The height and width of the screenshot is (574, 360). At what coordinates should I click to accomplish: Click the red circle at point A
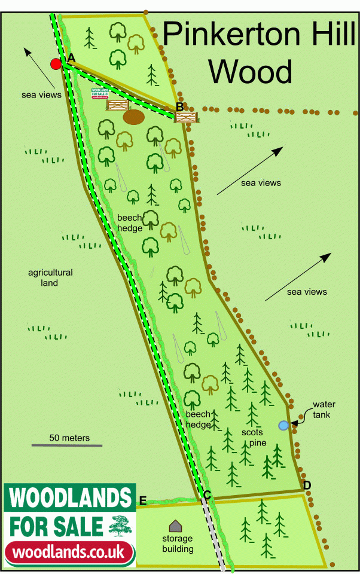tap(56, 64)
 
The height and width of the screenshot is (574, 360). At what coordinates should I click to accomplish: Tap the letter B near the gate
tap(179, 107)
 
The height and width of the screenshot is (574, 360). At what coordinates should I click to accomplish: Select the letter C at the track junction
tap(207, 494)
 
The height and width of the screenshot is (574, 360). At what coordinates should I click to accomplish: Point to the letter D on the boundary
tap(307, 485)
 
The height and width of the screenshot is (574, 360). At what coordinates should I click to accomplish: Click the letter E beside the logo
tap(142, 500)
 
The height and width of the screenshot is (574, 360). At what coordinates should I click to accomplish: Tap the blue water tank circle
tap(283, 426)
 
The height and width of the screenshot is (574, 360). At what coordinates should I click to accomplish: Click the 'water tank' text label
tap(324, 410)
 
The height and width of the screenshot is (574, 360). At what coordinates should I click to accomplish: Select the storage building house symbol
tap(175, 526)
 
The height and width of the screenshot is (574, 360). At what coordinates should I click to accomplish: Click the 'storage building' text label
tap(178, 544)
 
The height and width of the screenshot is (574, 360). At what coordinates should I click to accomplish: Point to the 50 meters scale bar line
tap(67, 445)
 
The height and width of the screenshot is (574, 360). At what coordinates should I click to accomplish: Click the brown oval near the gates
tap(133, 117)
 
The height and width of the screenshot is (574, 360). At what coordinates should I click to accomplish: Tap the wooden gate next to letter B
tap(187, 117)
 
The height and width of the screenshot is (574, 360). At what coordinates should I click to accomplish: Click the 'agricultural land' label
tap(50, 277)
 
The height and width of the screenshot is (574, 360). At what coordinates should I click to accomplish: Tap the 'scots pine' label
tap(254, 436)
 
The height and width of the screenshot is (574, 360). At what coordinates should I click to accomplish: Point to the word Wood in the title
tap(250, 72)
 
